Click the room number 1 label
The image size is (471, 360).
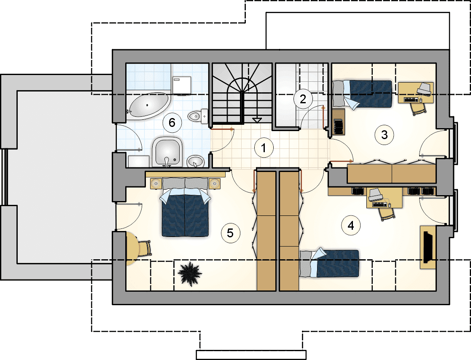coord(264,148)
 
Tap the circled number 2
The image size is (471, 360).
coord(303,99)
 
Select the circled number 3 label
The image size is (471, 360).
coord(384,135)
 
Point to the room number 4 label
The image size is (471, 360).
coord(351,225)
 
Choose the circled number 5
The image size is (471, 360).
coord(230,233)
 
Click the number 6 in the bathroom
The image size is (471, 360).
coord(172,122)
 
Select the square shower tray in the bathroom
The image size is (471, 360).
coord(167,152)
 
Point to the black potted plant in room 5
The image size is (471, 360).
coord(190,273)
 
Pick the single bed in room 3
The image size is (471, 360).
coord(362,94)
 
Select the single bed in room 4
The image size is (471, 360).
coord(329,263)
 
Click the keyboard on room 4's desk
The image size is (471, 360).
coord(379,204)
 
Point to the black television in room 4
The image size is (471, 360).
coord(428,247)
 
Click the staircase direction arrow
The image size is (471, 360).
coord(257,120)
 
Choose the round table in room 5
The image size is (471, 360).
coord(132,249)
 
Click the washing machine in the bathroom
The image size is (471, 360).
coord(182,85)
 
